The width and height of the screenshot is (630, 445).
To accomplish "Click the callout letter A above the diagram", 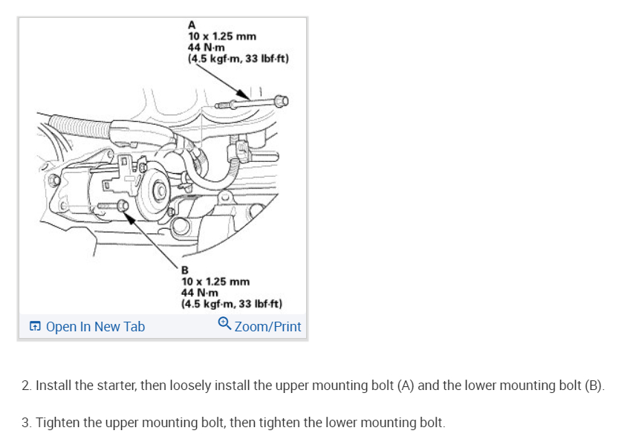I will click(192, 25).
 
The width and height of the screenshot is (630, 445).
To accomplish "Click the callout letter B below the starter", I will click(186, 270).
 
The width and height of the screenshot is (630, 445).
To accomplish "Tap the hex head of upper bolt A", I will click(280, 100).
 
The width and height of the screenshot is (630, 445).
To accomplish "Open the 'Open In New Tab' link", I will click(95, 327).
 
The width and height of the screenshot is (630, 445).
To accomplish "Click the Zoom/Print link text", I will click(267, 327).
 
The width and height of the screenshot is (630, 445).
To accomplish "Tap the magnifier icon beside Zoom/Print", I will click(224, 325).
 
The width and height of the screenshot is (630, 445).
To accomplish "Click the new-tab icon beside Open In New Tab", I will click(35, 327).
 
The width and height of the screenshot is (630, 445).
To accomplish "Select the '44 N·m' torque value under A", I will click(205, 48).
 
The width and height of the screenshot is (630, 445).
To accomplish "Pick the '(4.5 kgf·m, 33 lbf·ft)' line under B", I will click(232, 304).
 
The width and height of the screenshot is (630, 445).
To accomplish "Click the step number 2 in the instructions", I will click(26, 386).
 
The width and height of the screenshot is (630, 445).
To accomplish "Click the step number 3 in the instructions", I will click(26, 423).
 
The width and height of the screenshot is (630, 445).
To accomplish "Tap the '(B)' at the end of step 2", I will click(595, 386).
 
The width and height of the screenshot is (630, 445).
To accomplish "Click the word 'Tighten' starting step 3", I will click(57, 423).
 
